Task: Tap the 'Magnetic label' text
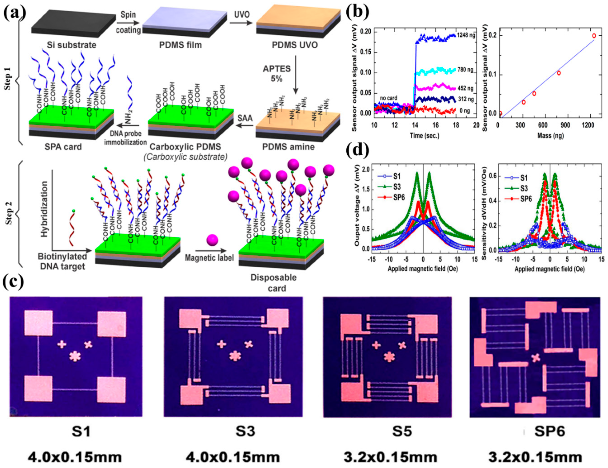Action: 209,258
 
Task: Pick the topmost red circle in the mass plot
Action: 594,36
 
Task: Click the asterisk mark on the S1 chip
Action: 75,356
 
